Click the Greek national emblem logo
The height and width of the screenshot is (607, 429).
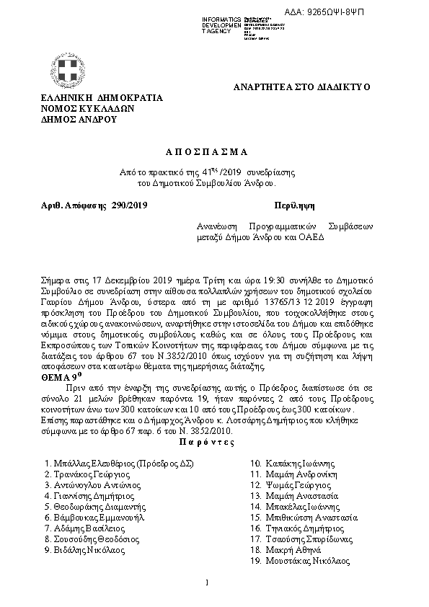[70, 72]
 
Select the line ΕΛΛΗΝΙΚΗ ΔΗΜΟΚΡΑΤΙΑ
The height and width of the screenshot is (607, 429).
[102, 98]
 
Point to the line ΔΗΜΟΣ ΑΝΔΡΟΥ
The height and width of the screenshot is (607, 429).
[79, 120]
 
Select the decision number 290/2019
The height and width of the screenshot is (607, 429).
[130, 205]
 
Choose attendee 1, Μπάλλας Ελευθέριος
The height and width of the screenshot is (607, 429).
[119, 464]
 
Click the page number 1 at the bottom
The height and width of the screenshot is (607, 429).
[207, 582]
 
